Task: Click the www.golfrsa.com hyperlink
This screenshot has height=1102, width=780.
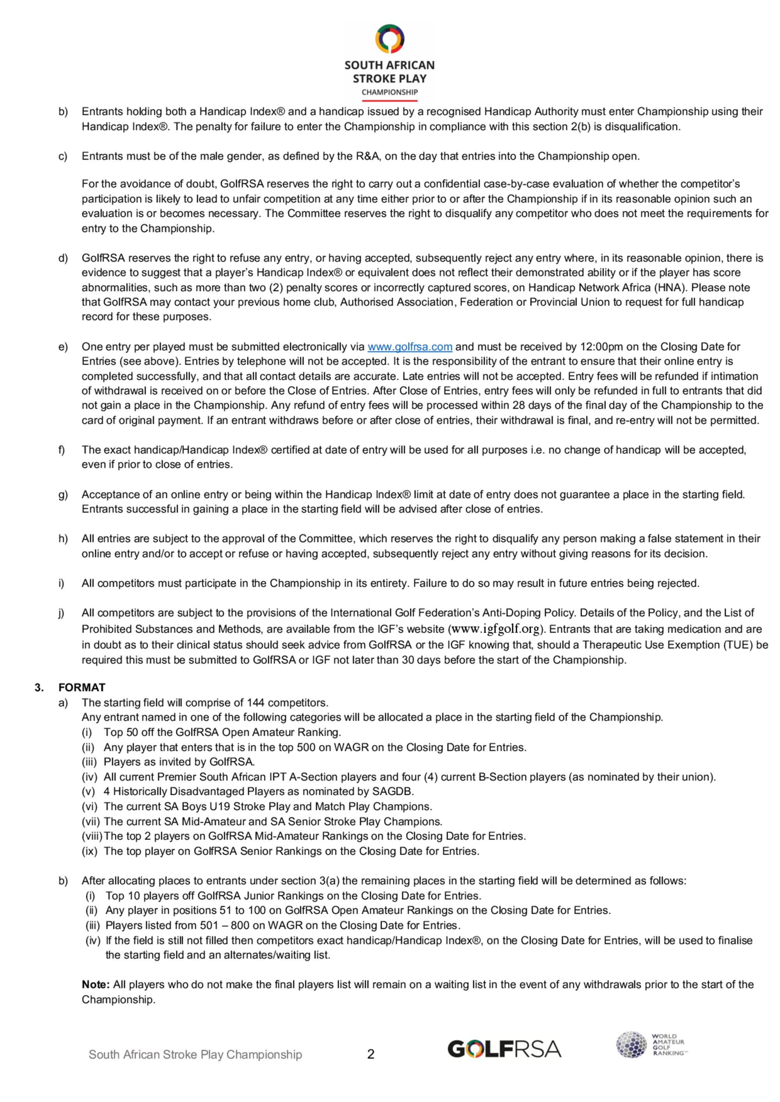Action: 409,347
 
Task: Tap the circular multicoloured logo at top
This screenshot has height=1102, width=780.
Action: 390,39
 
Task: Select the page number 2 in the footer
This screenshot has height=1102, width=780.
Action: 370,1054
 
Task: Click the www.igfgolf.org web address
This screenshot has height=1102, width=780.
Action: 496,629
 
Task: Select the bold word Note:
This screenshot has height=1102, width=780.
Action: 96,984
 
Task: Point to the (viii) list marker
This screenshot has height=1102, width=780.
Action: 92,836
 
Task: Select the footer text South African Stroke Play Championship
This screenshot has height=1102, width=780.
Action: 195,1054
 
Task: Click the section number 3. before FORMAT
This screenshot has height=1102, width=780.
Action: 39,687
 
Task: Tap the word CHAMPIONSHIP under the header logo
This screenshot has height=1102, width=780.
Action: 390,92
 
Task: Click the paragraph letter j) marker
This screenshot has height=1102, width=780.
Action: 62,613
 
